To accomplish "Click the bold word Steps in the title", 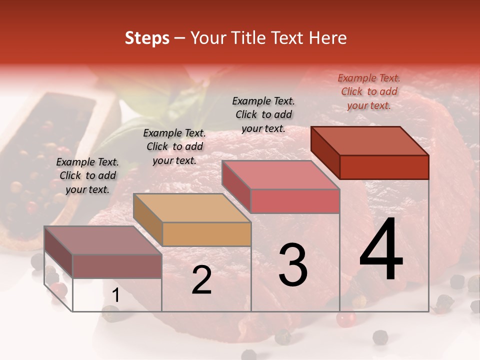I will [x=147, y=38].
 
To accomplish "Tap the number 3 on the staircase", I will [x=292, y=264].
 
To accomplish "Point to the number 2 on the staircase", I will [x=201, y=280].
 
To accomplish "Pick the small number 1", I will [x=116, y=295].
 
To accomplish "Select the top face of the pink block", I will [x=280, y=175].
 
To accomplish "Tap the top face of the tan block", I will [x=192, y=208].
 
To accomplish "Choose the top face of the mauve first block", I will [x=103, y=240].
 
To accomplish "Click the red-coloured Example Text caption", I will [x=369, y=91].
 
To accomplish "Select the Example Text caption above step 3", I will [x=263, y=114].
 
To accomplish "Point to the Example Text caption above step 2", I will [x=174, y=146].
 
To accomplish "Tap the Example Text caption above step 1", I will [x=87, y=175].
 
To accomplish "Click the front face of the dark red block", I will [x=384, y=167].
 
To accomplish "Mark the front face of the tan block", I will [x=206, y=234].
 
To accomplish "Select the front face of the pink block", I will [x=295, y=201].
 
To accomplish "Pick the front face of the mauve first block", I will [x=117, y=266].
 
